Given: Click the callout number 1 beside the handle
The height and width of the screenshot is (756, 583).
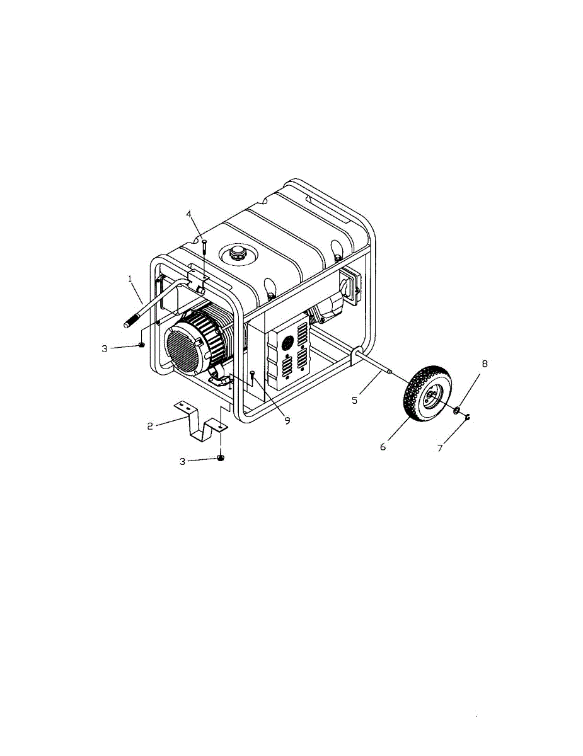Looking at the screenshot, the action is (x=130, y=278).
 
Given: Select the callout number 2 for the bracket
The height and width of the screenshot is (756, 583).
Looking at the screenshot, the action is (x=150, y=426).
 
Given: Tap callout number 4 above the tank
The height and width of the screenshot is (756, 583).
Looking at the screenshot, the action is (x=188, y=214).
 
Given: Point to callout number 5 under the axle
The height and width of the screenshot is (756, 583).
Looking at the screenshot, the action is (x=354, y=401).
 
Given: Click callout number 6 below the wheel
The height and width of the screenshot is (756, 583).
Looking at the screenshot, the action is (x=383, y=447).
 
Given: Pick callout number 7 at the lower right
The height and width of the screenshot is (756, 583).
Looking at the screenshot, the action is (x=441, y=449).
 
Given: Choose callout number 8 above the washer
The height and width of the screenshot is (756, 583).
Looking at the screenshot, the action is (x=485, y=364).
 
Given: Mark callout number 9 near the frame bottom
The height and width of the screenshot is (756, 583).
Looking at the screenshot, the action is (x=287, y=421).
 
